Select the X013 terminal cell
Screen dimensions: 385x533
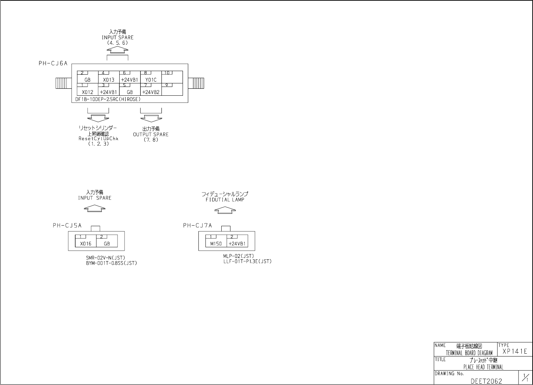pyautogui.click(x=109, y=78)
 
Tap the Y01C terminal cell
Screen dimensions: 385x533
pyautogui.click(x=151, y=78)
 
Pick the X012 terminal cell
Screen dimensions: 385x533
pyautogui.click(x=87, y=90)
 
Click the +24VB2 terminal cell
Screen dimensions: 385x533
pyautogui.click(x=151, y=90)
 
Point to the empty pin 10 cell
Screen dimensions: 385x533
pyautogui.click(x=172, y=78)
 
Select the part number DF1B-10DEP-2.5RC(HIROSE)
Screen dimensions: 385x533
pyautogui.click(x=108, y=99)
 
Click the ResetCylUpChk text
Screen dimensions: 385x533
pyautogui.click(x=99, y=139)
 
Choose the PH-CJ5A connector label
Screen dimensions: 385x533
pyautogui.click(x=67, y=226)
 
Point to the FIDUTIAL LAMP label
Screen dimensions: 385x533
pyautogui.click(x=225, y=200)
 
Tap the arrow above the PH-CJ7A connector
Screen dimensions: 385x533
pyautogui.click(x=225, y=210)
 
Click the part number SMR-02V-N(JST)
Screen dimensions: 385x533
pyautogui.click(x=106, y=258)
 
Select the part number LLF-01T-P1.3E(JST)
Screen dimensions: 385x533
pyautogui.click(x=247, y=261)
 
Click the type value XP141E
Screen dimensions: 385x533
pyautogui.click(x=515, y=351)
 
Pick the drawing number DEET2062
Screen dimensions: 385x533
pyautogui.click(x=487, y=381)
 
